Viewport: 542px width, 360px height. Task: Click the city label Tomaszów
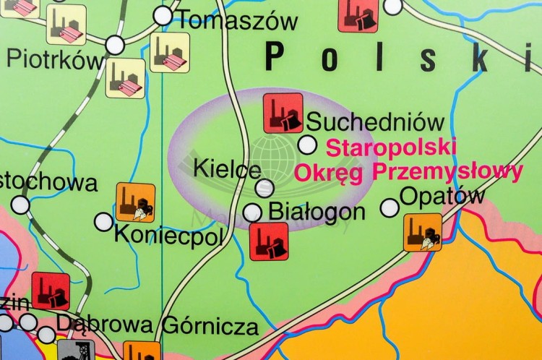pos(238,20)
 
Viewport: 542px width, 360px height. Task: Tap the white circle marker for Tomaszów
pos(163,15)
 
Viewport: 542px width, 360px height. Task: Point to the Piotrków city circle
pos(115,45)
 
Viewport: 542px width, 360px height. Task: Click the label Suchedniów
pos(375,121)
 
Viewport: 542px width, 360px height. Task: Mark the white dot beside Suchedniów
pos(307,145)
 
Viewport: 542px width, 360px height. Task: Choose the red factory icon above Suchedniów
pos(283,113)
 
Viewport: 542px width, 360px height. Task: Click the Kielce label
pos(227,169)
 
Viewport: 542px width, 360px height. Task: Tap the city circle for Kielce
pos(264,188)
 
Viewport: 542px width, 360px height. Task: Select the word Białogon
pos(317,211)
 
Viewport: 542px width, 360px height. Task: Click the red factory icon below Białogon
pos(269,241)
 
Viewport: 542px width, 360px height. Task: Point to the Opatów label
pos(442,195)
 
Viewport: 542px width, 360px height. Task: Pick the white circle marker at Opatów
pos(390,207)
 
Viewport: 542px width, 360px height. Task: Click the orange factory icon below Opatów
pos(423,232)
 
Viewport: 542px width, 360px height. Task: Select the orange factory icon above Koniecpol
pos(136,202)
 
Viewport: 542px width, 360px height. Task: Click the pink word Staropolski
pos(391,147)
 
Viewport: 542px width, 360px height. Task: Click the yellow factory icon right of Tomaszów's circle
pos(170,52)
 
